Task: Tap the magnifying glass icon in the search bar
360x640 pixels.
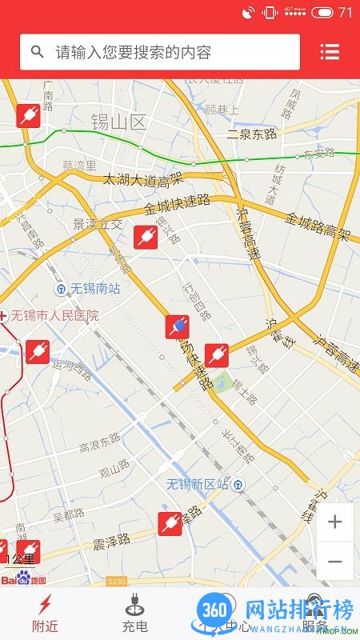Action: [37, 52]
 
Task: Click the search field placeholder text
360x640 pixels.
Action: [133, 53]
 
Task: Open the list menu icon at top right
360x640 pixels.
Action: [330, 52]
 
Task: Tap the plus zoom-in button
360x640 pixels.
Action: [335, 522]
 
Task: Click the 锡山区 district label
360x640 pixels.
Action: [119, 122]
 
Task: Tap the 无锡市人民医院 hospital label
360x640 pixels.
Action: [53, 315]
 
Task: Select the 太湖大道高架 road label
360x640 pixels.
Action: [143, 180]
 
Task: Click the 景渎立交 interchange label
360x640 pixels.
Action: [98, 224]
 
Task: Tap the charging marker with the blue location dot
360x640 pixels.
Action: [178, 326]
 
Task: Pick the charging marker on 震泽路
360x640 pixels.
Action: [170, 523]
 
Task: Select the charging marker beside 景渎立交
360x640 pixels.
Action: [146, 236]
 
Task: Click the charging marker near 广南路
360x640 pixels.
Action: [28, 115]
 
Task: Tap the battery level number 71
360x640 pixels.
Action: [346, 12]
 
